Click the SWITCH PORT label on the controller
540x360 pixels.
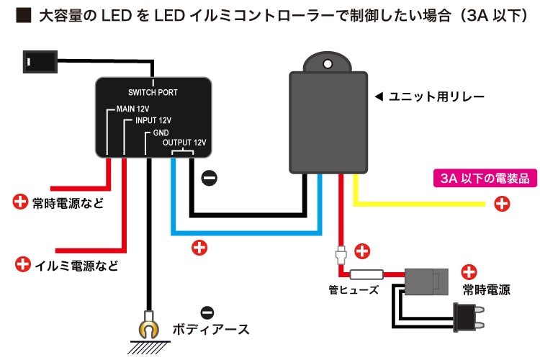coord(153,92)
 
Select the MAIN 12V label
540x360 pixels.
coord(132,109)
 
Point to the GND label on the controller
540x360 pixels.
coord(161,133)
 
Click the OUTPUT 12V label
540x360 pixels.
coord(184,143)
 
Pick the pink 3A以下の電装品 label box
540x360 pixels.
coord(474,177)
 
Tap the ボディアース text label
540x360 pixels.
coord(211,330)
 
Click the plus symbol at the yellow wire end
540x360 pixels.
coord(503,204)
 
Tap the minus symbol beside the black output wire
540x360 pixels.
coord(210,177)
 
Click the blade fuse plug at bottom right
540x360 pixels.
coord(464,317)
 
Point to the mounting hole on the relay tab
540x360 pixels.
coord(328,64)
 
